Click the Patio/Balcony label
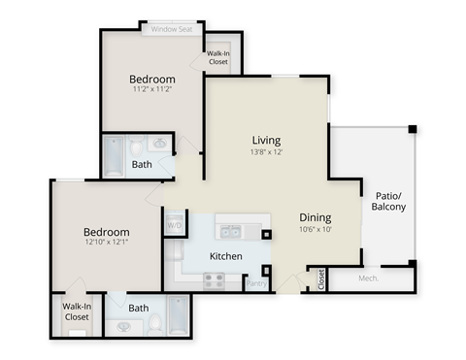click(x=388, y=201)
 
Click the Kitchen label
click(x=225, y=256)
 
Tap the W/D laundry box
click(x=175, y=225)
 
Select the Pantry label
click(x=256, y=283)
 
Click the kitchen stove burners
click(x=214, y=280)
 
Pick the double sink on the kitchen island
click(x=230, y=231)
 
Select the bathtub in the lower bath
click(x=179, y=313)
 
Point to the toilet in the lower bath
click(x=153, y=324)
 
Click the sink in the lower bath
click(x=124, y=327)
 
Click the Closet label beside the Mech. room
click(x=321, y=280)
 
